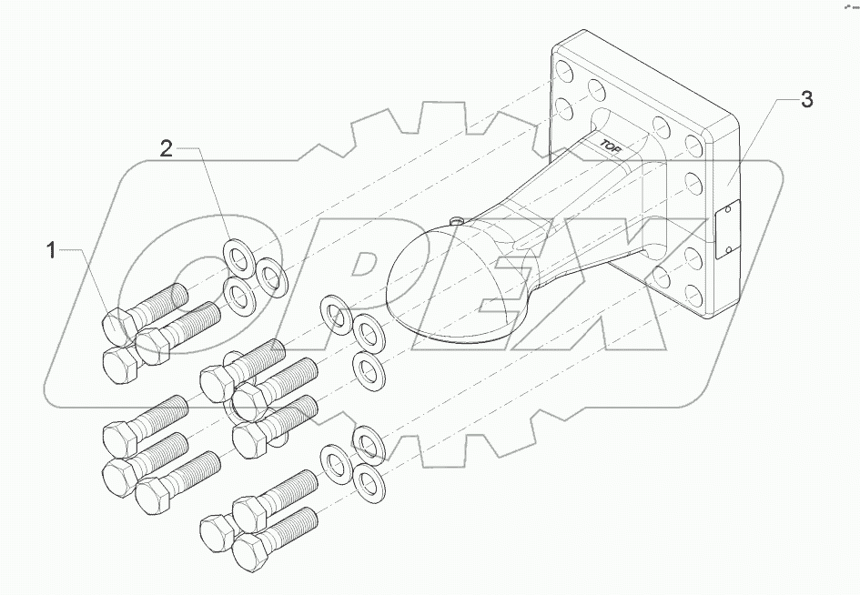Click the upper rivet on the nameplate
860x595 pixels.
(x=727, y=212)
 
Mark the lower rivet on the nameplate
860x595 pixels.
(x=728, y=246)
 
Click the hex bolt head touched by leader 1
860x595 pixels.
(x=119, y=325)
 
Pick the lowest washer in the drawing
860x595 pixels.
(x=367, y=482)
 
